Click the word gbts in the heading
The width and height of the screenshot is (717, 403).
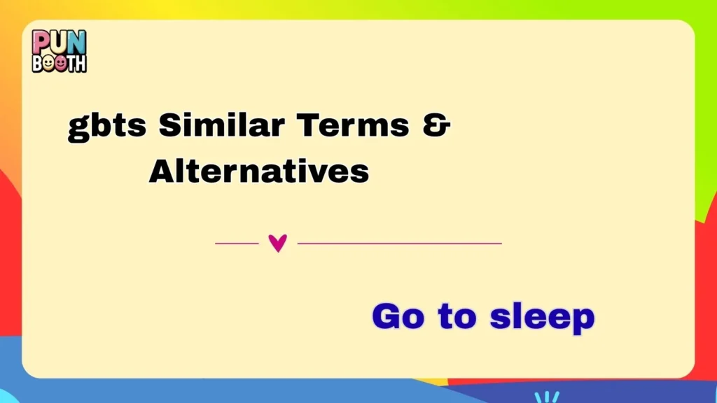click(x=107, y=127)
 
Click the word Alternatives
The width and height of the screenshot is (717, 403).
click(x=258, y=171)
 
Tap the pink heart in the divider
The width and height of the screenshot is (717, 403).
click(x=278, y=243)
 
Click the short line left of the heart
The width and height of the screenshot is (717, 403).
click(x=237, y=243)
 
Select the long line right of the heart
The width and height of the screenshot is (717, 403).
click(x=399, y=243)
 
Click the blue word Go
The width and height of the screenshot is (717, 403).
click(x=398, y=317)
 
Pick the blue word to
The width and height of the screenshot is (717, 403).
click(x=457, y=317)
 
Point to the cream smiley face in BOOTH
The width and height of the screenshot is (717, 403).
click(x=49, y=63)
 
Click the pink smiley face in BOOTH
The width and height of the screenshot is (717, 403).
click(x=60, y=63)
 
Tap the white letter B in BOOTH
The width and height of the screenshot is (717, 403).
click(x=38, y=63)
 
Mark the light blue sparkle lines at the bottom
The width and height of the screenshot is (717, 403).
click(x=546, y=397)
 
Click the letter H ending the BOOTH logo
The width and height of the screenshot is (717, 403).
click(x=80, y=63)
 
